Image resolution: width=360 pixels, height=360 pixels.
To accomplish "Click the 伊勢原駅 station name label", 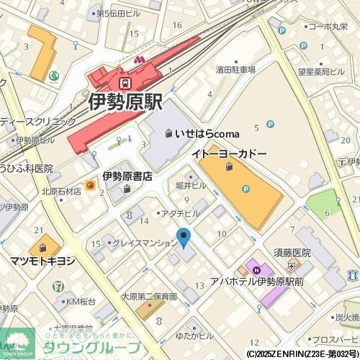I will click(126, 102).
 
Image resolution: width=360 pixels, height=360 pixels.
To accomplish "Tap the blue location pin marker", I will click(184, 237).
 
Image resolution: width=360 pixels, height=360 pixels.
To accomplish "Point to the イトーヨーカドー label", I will click(228, 155).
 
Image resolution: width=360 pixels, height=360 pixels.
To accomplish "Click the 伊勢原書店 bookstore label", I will click(127, 176).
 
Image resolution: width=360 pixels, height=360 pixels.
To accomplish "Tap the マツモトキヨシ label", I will click(42, 261).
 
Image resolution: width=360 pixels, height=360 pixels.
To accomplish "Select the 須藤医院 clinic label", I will click(292, 253).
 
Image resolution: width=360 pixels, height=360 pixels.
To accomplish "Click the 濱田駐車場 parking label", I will click(235, 70).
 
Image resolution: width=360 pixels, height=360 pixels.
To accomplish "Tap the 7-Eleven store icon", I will click(56, 287).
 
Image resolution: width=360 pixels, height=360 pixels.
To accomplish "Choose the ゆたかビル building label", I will click(194, 336).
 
